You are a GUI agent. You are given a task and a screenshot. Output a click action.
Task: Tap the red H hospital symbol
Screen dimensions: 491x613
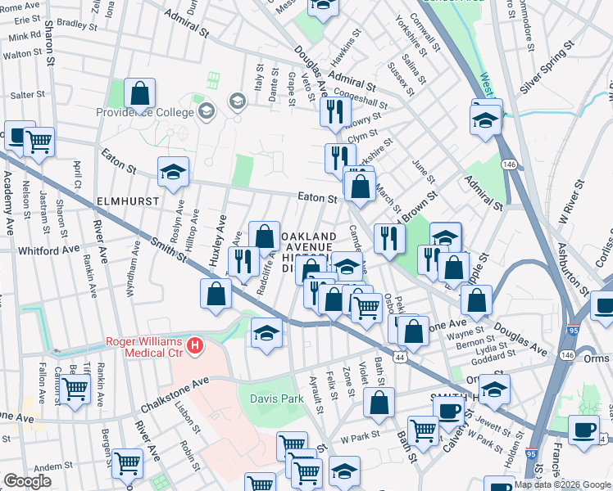[194, 346]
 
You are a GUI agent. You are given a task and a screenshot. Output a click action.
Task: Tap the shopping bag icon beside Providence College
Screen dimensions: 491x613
[140, 94]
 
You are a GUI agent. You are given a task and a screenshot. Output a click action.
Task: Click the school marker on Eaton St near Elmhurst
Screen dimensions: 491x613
[173, 173]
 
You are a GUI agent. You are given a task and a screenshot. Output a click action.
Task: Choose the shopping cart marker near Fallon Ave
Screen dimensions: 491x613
[75, 390]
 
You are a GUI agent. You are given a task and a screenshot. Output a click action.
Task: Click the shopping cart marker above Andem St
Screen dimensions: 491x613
[128, 463]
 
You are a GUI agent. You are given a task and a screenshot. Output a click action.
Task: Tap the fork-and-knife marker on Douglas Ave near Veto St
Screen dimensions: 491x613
[334, 111]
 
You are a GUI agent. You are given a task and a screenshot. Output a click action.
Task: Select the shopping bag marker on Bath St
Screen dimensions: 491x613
[379, 403]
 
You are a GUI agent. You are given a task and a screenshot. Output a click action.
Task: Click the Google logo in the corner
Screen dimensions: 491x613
[27, 481]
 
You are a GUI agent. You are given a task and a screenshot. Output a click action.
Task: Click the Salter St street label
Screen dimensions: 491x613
[27, 96]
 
